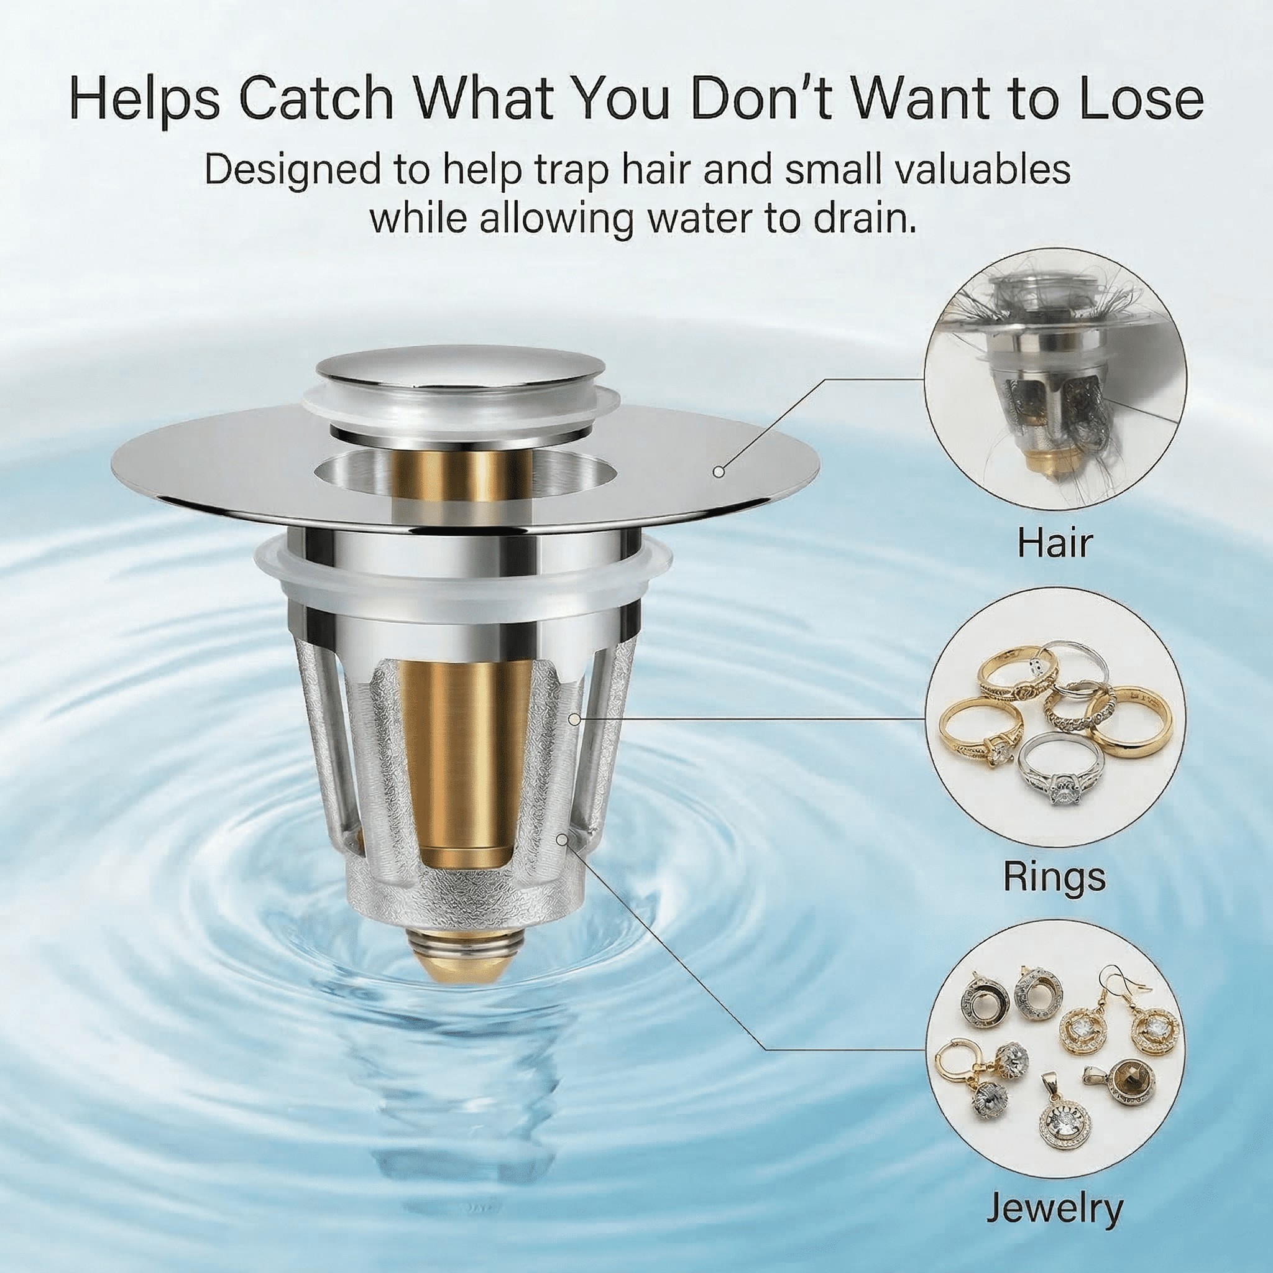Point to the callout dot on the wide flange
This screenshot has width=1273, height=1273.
[x=719, y=472]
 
